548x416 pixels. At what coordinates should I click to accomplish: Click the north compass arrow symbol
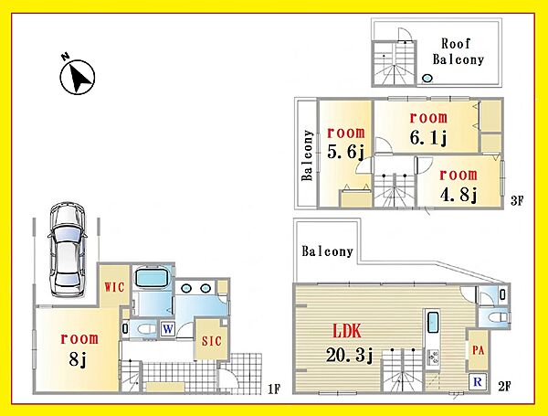(78, 77)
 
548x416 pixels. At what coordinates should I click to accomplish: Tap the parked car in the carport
(67, 250)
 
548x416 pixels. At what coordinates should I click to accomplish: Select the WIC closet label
(114, 287)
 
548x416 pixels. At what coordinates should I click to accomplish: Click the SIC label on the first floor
(212, 341)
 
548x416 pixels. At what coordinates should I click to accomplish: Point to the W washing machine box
(168, 329)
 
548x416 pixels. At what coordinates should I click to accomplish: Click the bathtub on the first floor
(152, 277)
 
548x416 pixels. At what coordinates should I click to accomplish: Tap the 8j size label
(78, 358)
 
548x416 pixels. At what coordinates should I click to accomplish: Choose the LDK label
(347, 331)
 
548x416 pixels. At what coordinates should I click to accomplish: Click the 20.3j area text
(350, 356)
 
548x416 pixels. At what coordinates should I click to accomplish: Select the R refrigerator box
(478, 381)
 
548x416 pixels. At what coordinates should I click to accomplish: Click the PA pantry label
(478, 350)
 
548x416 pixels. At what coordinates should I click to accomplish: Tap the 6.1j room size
(428, 138)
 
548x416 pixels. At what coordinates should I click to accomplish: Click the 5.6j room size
(345, 152)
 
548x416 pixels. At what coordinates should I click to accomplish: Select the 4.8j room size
(458, 195)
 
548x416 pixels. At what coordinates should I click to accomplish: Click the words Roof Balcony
(458, 51)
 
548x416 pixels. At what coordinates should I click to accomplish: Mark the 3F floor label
(517, 201)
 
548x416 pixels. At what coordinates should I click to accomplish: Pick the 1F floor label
(274, 389)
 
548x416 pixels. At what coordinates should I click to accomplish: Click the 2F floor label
(504, 387)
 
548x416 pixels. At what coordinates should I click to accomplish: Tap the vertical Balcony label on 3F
(307, 155)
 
